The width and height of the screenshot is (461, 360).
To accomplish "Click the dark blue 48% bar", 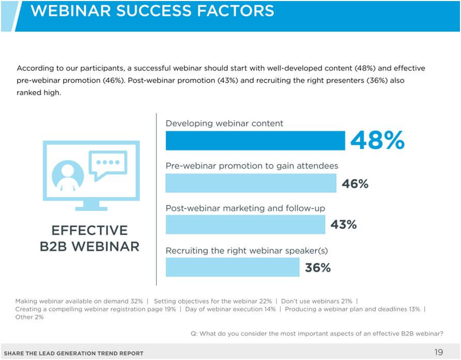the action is pos(255,140).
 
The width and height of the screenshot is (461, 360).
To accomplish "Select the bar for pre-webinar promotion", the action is pos(251,183).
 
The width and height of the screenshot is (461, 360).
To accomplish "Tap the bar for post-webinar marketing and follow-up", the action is pos(245,224).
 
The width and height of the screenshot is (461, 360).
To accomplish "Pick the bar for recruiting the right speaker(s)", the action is pos(233,267).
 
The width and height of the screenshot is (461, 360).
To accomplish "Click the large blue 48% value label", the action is pos(377,140).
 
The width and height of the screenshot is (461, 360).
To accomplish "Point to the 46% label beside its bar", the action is pos(355,184).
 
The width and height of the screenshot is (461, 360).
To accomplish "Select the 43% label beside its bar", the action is pos(343,224).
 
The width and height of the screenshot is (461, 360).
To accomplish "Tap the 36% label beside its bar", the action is pos(318,267).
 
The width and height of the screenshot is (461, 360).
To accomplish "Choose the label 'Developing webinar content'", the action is pos(224,123).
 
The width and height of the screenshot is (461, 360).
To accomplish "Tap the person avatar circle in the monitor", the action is pos(68,176).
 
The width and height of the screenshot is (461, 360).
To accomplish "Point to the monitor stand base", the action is pos(91,208).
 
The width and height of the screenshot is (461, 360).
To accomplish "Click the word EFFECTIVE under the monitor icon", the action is pos(90,230).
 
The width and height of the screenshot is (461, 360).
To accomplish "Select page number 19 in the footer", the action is pos(439,352).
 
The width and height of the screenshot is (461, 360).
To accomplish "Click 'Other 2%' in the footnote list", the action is pos(29,317).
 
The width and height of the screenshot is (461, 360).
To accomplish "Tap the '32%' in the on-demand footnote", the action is pos(137,301).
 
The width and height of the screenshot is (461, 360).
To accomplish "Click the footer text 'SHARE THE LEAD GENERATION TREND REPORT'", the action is pos(73,353).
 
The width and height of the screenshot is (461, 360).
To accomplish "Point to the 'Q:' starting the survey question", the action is pos(194,334).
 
